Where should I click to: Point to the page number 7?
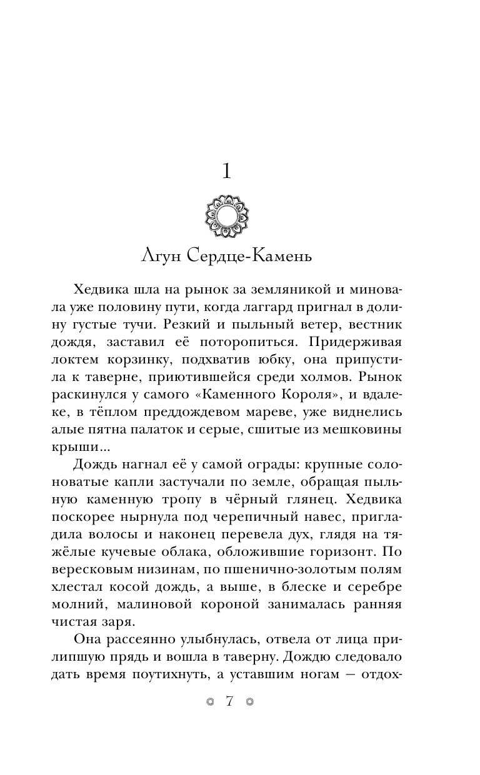[x=228, y=702]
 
